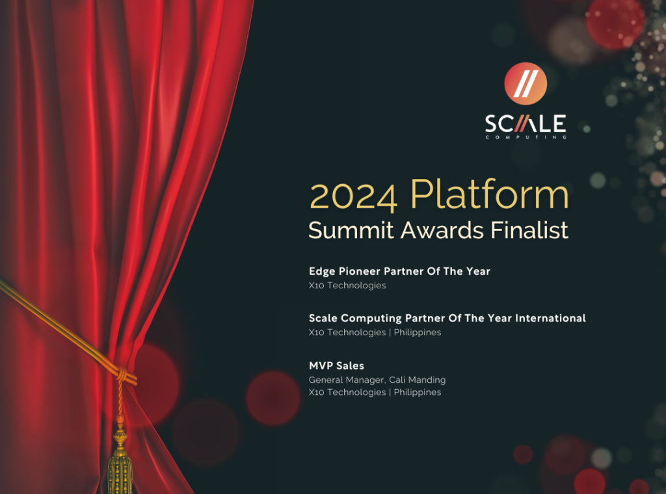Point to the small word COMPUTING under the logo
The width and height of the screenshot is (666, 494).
pyautogui.click(x=526, y=137)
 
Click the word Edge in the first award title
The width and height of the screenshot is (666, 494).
pyautogui.click(x=321, y=271)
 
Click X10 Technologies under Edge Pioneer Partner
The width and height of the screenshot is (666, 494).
pyautogui.click(x=347, y=285)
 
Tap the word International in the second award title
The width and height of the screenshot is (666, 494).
pyautogui.click(x=551, y=318)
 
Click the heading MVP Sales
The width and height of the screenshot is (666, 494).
pyautogui.click(x=336, y=366)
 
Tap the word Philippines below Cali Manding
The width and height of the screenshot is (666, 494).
pyautogui.click(x=418, y=392)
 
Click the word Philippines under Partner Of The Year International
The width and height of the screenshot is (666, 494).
pyautogui.click(x=418, y=333)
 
